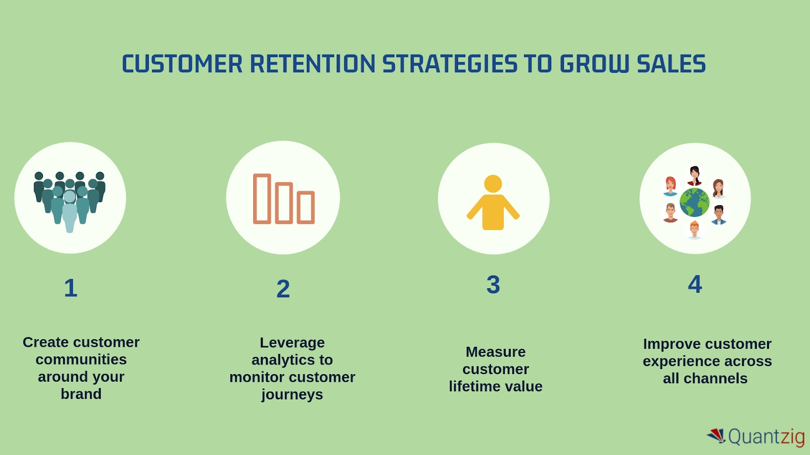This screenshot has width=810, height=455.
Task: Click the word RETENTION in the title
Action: [312, 64]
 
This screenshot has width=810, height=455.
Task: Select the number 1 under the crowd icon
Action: [71, 288]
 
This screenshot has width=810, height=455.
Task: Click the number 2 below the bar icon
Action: [283, 289]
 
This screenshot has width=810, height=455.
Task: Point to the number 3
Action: [493, 285]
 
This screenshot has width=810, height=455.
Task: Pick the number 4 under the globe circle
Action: [695, 284]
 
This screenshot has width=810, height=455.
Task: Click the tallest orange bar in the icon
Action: [262, 199]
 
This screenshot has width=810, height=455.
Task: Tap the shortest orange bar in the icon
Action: [306, 207]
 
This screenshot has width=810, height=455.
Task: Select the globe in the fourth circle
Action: [694, 202]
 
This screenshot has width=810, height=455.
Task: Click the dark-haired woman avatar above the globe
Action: [695, 175]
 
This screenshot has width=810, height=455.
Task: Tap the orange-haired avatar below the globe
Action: [694, 230]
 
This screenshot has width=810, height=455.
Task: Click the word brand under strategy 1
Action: [81, 394]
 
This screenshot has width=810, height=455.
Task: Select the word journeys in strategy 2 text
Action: [292, 394]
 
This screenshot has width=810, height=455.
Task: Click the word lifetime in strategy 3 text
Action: [472, 386]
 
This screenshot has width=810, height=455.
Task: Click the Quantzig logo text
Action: [766, 436]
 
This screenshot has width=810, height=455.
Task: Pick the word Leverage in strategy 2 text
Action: [292, 343]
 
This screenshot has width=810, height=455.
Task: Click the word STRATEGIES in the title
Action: [450, 64]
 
